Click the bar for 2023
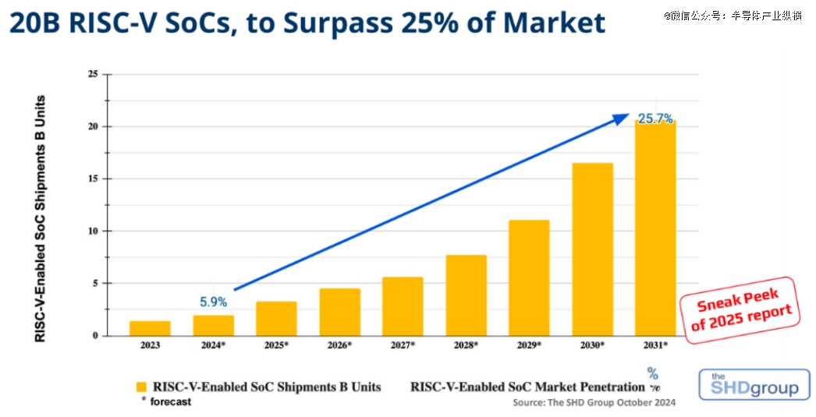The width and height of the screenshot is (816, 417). click(x=150, y=328)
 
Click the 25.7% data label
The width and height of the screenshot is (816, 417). click(x=655, y=119)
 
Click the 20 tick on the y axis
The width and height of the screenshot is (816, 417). click(x=93, y=126)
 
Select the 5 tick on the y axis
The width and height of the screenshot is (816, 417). click(x=95, y=283)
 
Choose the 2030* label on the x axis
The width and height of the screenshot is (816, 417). click(x=591, y=345)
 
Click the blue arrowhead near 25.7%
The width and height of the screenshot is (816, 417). click(x=621, y=118)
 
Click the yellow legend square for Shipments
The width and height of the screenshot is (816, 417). click(x=141, y=387)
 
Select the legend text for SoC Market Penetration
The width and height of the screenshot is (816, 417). click(x=527, y=387)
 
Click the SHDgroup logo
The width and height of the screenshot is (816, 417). click(x=754, y=386)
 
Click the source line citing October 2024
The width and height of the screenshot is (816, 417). click(x=594, y=402)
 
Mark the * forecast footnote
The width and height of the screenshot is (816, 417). click(x=165, y=402)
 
